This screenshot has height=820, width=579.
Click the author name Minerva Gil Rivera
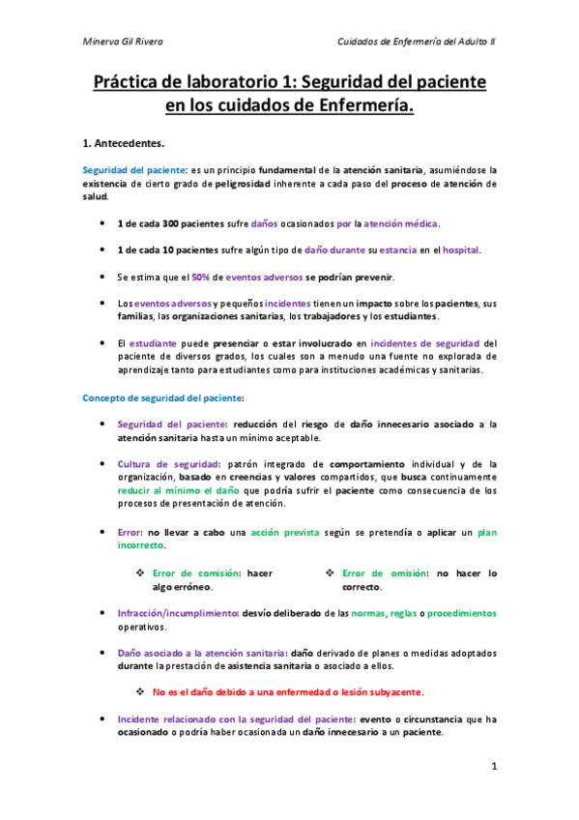click(123, 42)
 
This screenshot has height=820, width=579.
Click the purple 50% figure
click(201, 278)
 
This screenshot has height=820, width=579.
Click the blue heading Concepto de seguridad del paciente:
click(163, 397)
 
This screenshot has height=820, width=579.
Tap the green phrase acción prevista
click(280, 532)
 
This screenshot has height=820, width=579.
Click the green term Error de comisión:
click(196, 572)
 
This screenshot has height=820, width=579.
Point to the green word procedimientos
click(462, 613)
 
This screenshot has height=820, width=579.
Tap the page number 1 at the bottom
click(494, 768)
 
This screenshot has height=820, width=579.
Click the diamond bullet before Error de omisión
click(330, 572)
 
